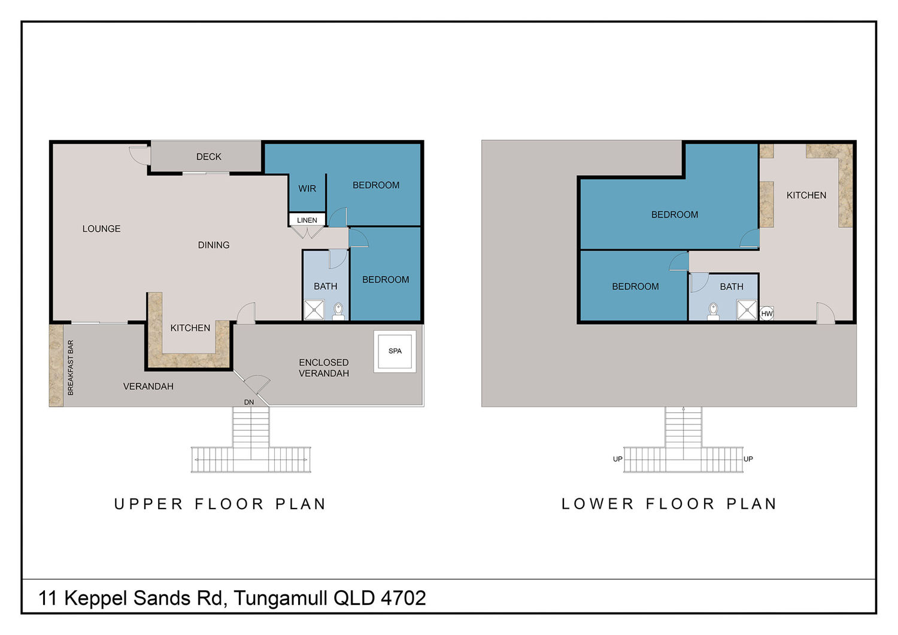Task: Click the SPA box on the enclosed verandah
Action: [395, 352]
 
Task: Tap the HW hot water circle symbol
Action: [766, 314]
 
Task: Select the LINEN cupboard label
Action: [307, 220]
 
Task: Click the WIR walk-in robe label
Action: [307, 189]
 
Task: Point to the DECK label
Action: [209, 157]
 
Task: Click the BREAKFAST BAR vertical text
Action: [71, 368]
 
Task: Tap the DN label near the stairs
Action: [249, 402]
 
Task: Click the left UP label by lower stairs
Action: [618, 459]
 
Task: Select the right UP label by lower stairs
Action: [748, 459]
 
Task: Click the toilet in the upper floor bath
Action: [338, 312]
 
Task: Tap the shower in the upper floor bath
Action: [314, 310]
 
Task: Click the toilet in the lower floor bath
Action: [713, 312]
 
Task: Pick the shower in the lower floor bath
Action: [747, 310]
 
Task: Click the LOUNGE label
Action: [101, 229]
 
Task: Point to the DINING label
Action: [214, 245]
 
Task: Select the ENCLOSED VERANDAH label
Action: [324, 368]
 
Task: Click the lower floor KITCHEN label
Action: [806, 195]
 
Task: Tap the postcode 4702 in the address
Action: [404, 598]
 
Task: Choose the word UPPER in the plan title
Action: [148, 504]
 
